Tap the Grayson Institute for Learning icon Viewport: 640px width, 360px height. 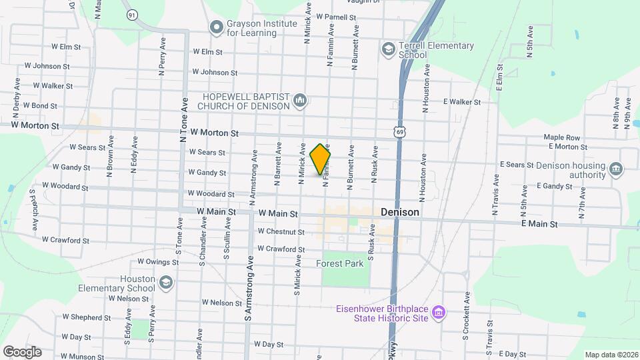coord(215,27)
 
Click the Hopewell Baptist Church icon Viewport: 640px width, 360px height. coord(300,101)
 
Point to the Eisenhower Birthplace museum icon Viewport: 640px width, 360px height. coord(438,313)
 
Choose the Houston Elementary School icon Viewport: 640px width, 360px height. coord(164,283)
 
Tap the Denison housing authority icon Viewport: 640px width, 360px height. coord(616,169)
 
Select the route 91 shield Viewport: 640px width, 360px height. coord(132,14)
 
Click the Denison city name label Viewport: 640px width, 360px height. coord(400,212)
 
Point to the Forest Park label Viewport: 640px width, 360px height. coord(340,263)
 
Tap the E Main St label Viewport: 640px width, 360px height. coord(539,225)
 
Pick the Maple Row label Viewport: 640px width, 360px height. coord(561,138)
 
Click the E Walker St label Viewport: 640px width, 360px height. coord(461,102)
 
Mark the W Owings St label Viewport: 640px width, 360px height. coord(157,262)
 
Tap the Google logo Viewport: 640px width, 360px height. coord(22,351)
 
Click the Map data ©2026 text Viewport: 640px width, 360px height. coord(610,354)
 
